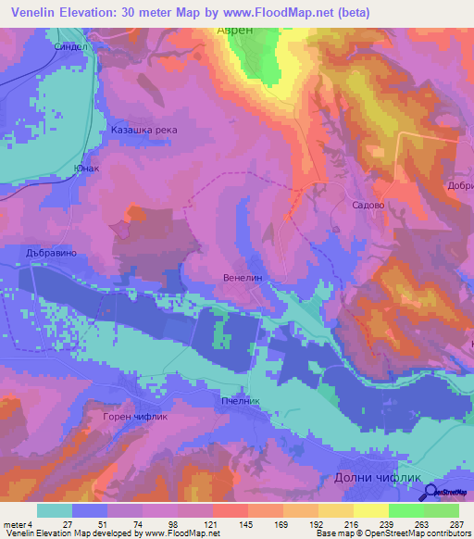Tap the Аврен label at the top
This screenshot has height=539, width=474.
tap(234, 31)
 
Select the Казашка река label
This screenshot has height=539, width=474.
tap(143, 130)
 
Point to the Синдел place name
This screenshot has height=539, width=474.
tap(69, 44)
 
